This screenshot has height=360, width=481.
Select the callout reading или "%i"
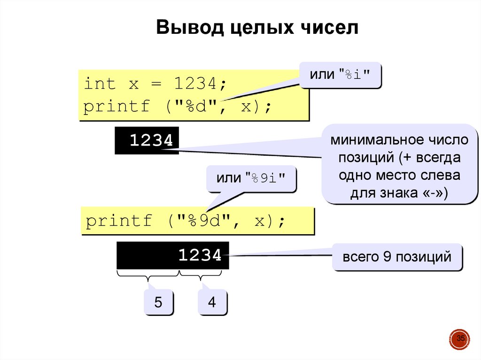click(x=340, y=75)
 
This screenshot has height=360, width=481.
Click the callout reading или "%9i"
click(x=251, y=178)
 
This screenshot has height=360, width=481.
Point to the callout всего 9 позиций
click(x=397, y=257)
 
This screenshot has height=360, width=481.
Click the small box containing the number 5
click(x=158, y=302)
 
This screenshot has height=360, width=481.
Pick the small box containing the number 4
click(x=212, y=302)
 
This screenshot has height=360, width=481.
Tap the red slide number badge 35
click(x=460, y=339)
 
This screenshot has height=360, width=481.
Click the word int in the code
click(x=99, y=84)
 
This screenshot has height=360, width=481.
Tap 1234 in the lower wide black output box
click(x=200, y=255)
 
